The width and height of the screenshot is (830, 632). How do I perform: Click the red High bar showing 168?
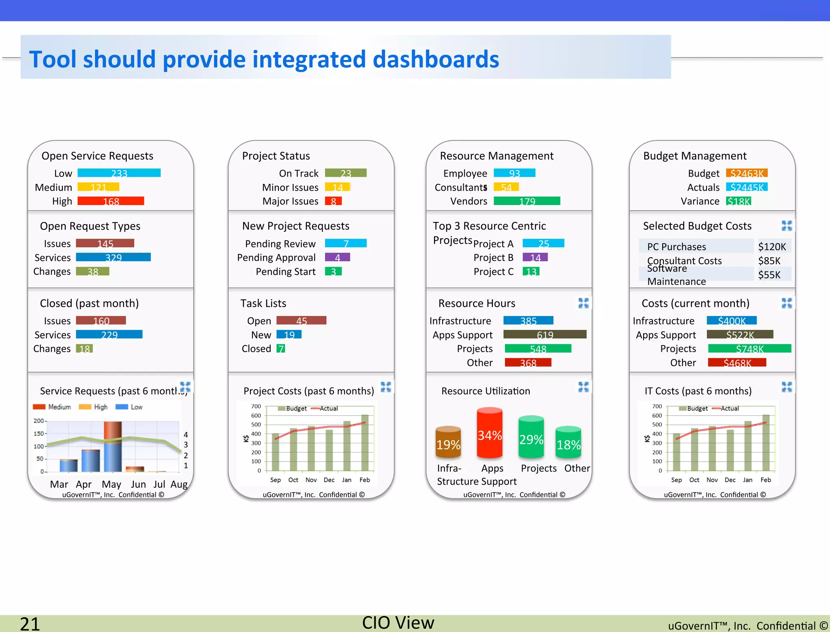pos(111,201)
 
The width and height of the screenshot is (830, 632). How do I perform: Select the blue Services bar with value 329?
pos(113,257)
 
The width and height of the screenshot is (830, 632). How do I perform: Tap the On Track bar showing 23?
pos(346,173)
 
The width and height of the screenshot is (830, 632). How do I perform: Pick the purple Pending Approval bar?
pos(337,257)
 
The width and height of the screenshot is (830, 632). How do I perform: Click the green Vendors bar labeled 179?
pos(527,201)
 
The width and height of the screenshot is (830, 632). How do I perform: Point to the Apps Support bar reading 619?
pos(545,335)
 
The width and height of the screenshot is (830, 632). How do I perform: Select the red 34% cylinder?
pos(490,433)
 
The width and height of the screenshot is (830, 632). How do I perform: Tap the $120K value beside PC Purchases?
pos(772,247)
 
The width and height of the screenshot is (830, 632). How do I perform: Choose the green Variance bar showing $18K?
pos(738,201)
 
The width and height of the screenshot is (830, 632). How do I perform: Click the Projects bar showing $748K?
pos(749,348)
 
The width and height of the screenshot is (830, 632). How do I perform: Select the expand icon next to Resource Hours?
pos(583,303)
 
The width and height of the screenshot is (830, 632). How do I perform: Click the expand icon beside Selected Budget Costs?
pos(787,226)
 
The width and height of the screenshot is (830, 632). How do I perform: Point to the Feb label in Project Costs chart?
pos(365,480)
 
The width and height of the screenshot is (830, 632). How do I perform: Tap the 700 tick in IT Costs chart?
pos(657,406)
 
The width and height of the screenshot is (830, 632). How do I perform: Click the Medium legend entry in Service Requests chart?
pos(53,407)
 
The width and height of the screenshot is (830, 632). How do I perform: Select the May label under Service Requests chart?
pos(111,484)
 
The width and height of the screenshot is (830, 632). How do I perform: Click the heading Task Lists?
pos(263,303)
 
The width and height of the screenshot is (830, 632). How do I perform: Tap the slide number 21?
pos(30,623)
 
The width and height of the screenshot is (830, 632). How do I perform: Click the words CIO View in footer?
pos(398,623)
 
